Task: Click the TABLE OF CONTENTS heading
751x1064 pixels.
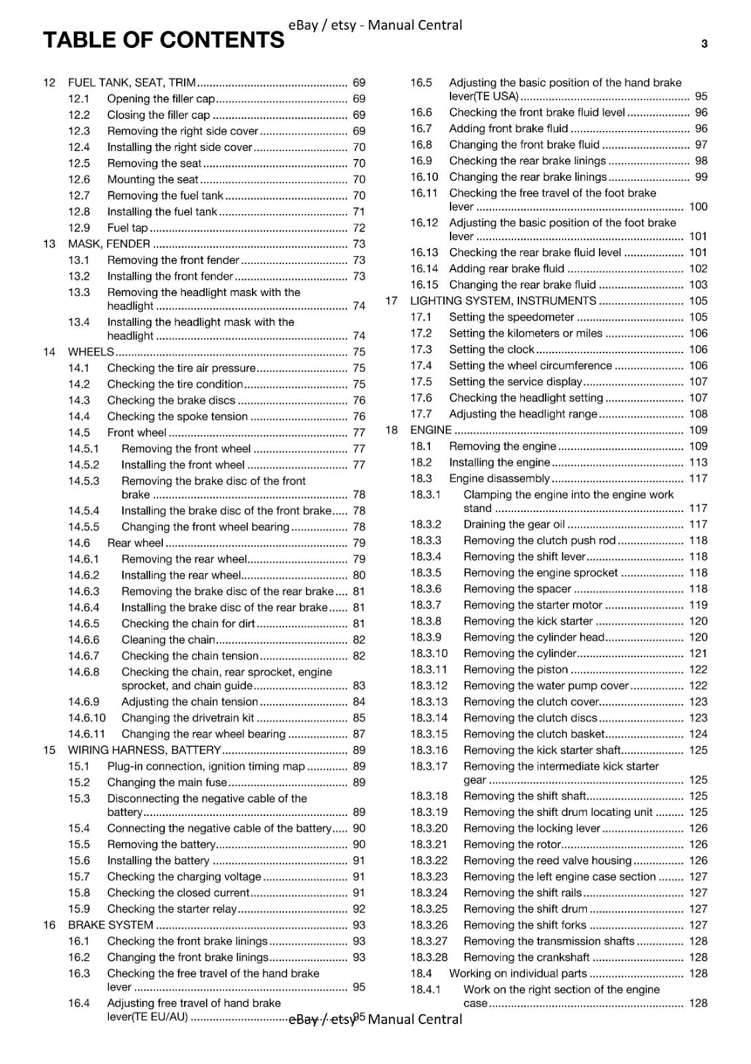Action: (163, 41)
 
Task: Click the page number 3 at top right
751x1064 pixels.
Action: (704, 45)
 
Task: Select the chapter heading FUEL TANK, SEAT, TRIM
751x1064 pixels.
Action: (132, 82)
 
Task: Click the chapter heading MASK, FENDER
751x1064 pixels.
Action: (109, 243)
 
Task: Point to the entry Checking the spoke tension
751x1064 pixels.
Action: (177, 416)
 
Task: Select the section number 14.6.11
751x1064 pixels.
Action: (86, 734)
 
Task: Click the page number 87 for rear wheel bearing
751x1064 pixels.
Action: (359, 734)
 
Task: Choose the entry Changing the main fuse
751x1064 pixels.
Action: (167, 782)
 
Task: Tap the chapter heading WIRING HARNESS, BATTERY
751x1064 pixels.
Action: (144, 750)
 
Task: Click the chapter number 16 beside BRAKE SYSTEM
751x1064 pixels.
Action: (49, 925)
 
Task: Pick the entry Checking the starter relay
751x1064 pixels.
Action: (171, 909)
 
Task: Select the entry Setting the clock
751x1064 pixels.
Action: (491, 349)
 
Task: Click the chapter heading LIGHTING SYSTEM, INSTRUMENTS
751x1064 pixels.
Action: (503, 301)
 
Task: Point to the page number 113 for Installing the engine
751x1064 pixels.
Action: (698, 462)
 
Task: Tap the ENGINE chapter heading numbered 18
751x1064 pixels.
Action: (431, 430)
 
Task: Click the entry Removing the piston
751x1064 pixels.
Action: (516, 670)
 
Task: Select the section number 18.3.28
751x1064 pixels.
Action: (429, 958)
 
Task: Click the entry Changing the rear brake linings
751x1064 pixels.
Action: (528, 177)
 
